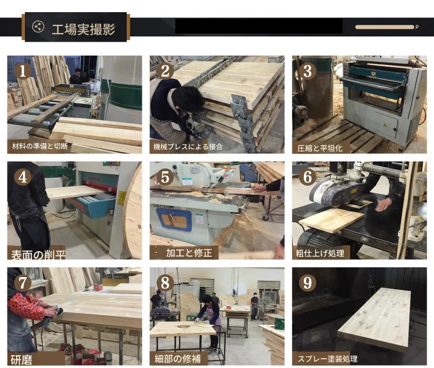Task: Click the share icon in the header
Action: coord(38,27)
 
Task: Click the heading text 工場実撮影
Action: coord(83,29)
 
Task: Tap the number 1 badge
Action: coord(23,71)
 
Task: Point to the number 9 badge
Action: coord(307,282)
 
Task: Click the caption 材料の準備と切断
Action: coord(40,146)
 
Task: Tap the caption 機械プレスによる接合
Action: coord(188,146)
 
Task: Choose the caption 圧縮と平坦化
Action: coord(320,148)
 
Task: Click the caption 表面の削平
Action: coord(38,255)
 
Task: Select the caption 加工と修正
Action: coord(189,253)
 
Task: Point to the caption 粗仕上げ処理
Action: coord(320,253)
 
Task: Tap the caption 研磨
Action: coord(21,360)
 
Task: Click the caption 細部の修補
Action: coord(178,359)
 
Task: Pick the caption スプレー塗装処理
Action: coord(328,359)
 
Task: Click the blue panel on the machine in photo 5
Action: coord(174,220)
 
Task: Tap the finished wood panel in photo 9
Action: coord(375,318)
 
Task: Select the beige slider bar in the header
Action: coord(385,27)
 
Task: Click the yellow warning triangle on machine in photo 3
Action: coord(384,125)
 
